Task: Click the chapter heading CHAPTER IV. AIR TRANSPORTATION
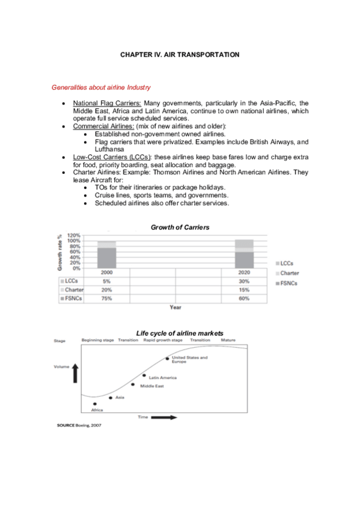pyautogui.click(x=180, y=55)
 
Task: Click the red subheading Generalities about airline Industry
pyautogui.click(x=101, y=88)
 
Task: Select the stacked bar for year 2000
pyautogui.click(x=107, y=254)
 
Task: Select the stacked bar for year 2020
pyautogui.click(x=243, y=253)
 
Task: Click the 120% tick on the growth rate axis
pyautogui.click(x=74, y=235)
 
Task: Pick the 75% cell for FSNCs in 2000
pyautogui.click(x=107, y=298)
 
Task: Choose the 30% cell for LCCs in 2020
pyautogui.click(x=243, y=281)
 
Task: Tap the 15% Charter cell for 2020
pyautogui.click(x=243, y=290)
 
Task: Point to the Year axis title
pyautogui.click(x=175, y=307)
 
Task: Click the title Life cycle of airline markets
pyautogui.click(x=179, y=333)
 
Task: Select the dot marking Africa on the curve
pyautogui.click(x=95, y=404)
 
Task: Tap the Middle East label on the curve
pyautogui.click(x=151, y=386)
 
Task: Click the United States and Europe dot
pyautogui.click(x=167, y=359)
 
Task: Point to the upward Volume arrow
pyautogui.click(x=75, y=373)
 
